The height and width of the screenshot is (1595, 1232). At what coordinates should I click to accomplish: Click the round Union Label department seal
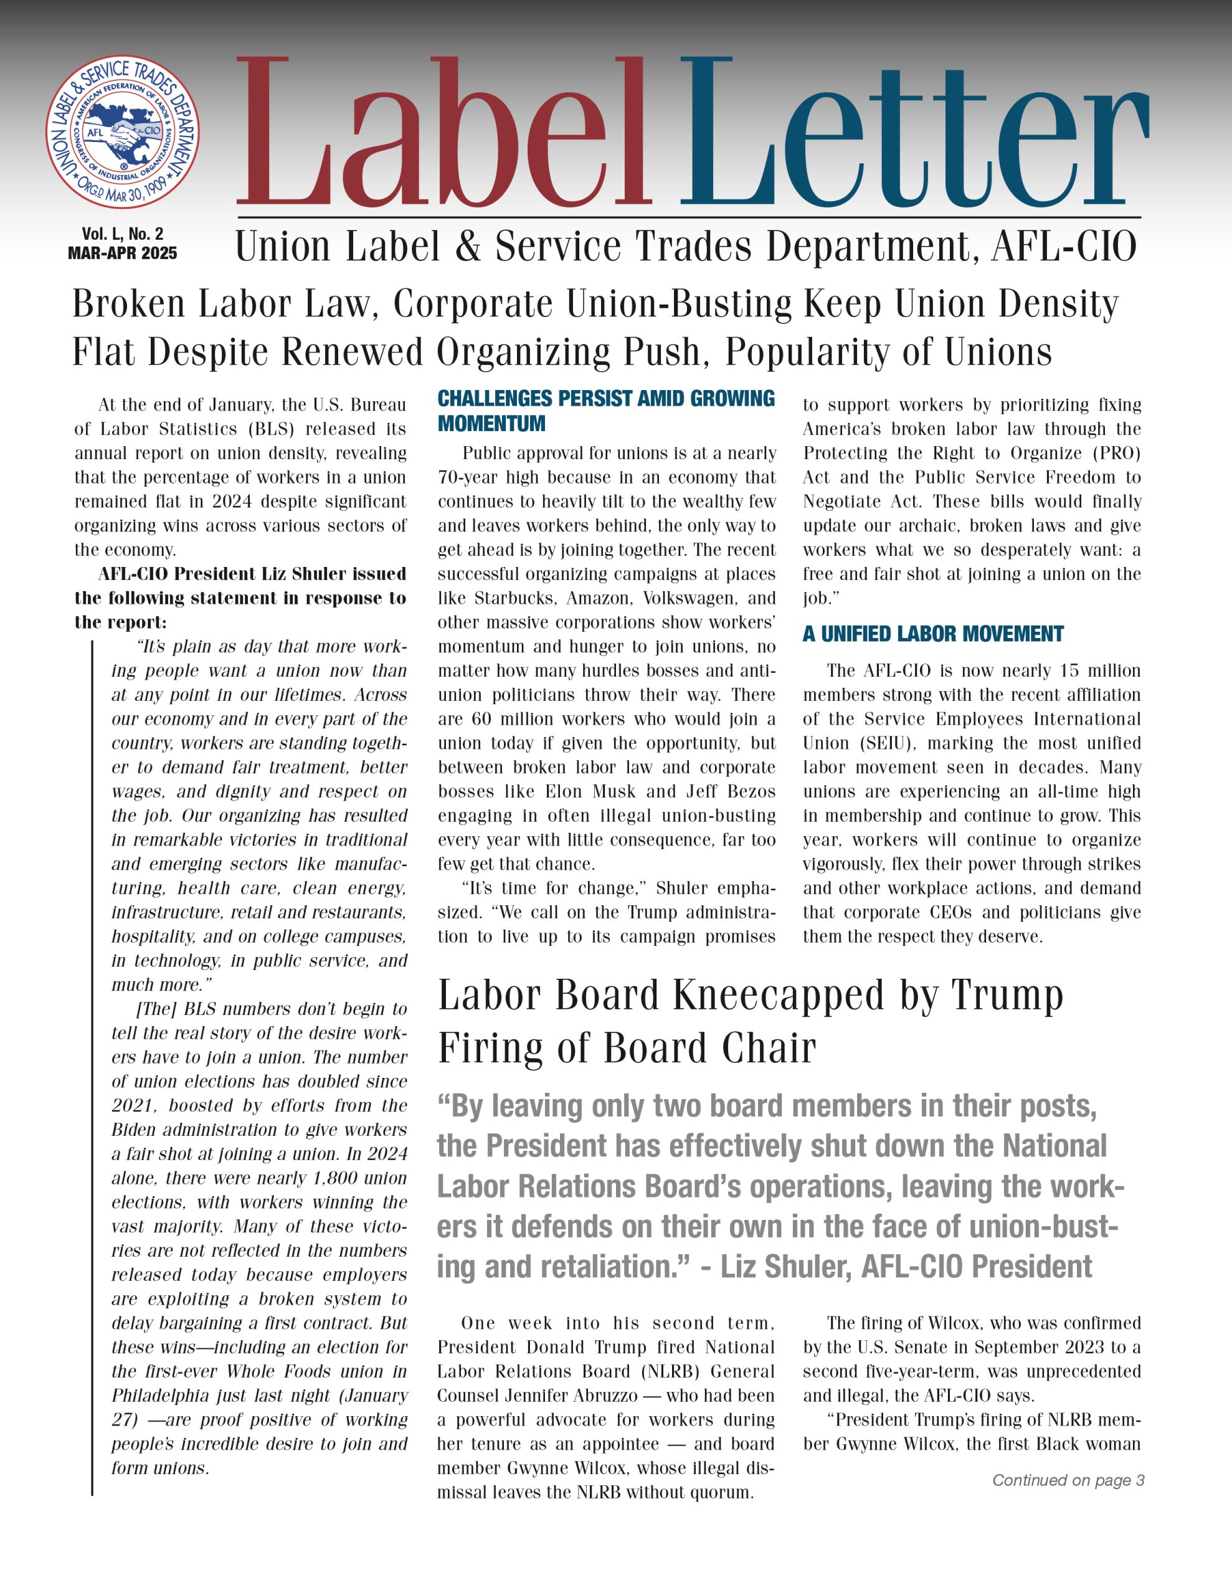click(123, 133)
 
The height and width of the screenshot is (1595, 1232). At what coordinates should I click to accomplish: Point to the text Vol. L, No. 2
click(123, 234)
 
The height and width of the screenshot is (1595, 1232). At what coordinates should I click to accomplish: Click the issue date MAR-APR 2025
click(123, 254)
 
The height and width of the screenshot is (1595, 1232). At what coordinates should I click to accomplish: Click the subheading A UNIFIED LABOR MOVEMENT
click(932, 634)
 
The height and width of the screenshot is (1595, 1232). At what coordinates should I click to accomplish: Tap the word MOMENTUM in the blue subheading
click(491, 424)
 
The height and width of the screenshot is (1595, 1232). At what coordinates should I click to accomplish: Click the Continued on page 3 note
click(1068, 1480)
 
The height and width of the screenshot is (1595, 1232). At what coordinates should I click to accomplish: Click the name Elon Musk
click(592, 792)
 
